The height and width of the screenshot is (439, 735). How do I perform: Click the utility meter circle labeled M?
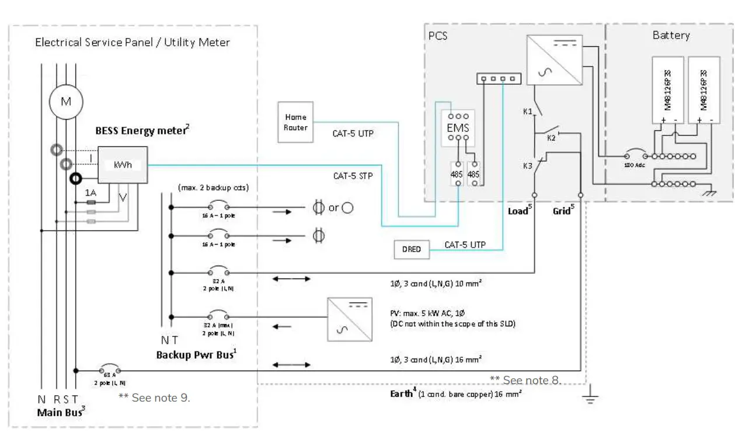click(66, 102)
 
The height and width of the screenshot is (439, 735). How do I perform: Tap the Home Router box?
click(295, 122)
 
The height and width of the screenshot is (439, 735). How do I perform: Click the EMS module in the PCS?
click(458, 127)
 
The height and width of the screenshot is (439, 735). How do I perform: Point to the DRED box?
click(412, 249)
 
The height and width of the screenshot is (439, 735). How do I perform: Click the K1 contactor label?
click(527, 110)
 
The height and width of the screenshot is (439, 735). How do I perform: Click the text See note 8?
click(525, 380)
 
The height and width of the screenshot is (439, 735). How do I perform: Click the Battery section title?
click(671, 35)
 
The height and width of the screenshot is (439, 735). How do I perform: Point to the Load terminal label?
click(518, 211)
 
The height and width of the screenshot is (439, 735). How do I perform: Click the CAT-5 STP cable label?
click(354, 175)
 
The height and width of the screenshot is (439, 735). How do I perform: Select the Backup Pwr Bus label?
click(196, 355)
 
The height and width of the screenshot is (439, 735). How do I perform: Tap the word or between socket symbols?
click(333, 208)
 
